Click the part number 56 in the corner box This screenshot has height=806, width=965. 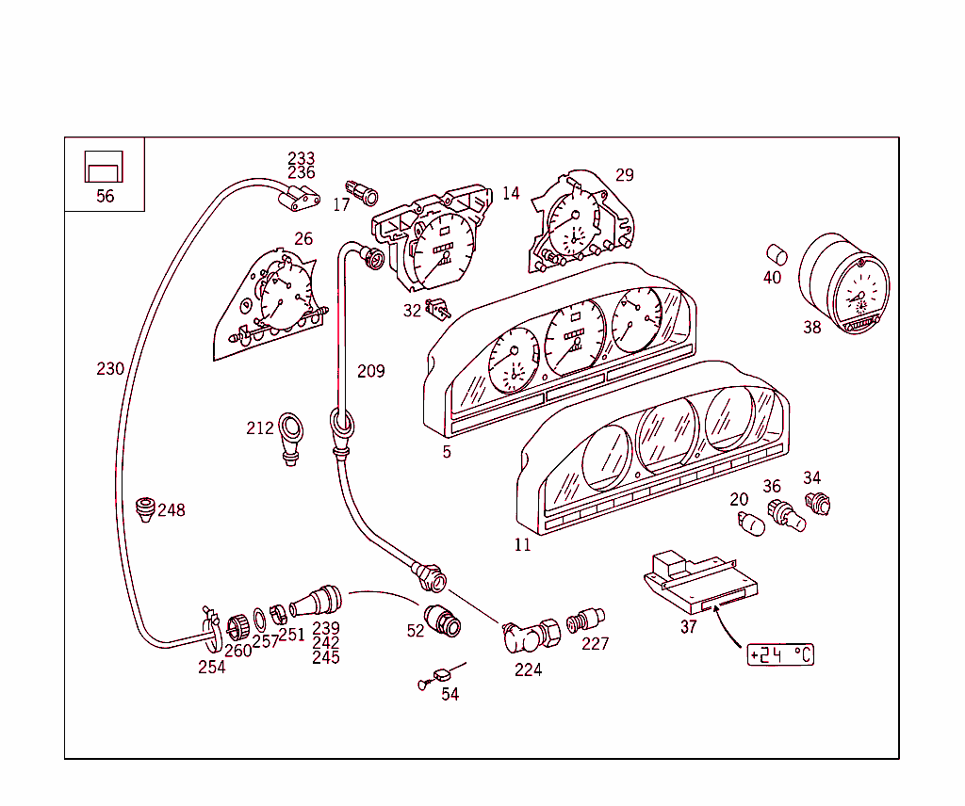[x=105, y=196]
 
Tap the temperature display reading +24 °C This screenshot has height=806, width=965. [x=779, y=654]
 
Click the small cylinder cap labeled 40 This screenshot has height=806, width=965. [x=776, y=254]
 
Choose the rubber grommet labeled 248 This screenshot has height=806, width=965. [x=145, y=509]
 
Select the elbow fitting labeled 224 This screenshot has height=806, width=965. [x=527, y=637]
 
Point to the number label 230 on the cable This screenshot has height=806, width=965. [x=110, y=369]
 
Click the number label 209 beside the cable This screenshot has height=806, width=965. [x=370, y=371]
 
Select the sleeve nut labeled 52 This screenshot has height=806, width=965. [x=441, y=620]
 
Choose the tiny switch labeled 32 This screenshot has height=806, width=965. [x=437, y=307]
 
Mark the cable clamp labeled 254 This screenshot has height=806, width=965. [x=211, y=625]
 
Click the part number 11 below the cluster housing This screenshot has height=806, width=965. [x=522, y=544]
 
